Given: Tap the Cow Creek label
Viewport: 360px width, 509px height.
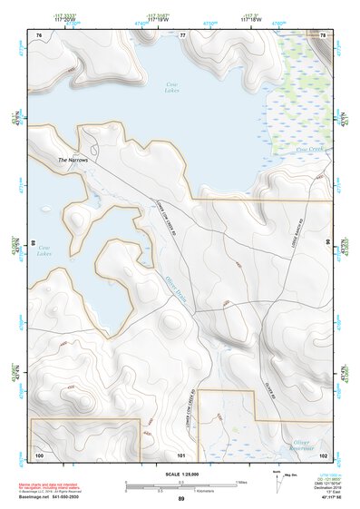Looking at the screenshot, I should pos(309,149).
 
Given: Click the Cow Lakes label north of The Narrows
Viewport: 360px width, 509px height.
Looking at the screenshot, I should pos(170,87).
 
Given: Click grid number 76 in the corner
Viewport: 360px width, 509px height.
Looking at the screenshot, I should pos(39,34).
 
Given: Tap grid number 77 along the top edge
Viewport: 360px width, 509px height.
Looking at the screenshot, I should pos(182,34).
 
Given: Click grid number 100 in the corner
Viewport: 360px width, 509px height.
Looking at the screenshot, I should pos(39,454).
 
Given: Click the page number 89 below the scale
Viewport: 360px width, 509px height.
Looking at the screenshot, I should pos(181,499).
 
